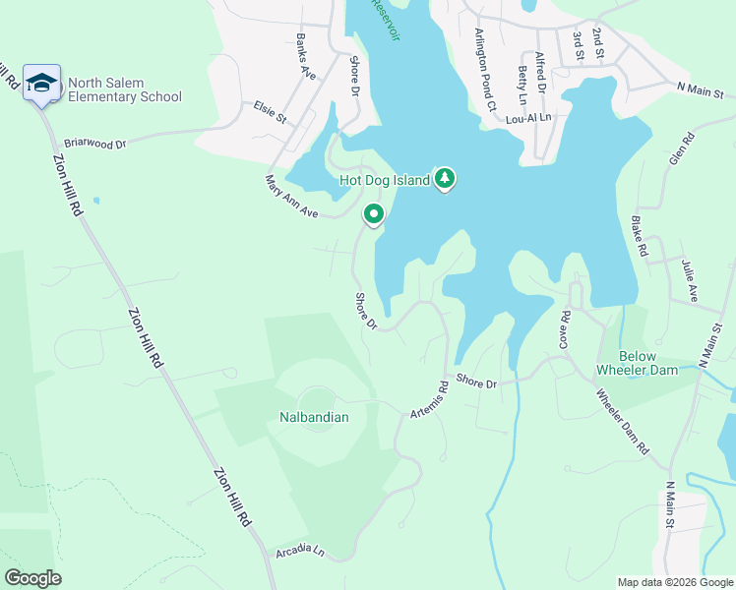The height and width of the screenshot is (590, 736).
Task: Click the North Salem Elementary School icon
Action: [42, 83]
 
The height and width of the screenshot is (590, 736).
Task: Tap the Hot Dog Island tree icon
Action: [446, 178]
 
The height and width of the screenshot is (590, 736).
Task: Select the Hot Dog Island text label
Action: [385, 180]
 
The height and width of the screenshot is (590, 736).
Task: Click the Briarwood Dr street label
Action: [95, 143]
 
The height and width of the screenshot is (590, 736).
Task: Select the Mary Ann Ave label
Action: [292, 198]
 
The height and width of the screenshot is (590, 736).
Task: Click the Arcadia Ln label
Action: [300, 550]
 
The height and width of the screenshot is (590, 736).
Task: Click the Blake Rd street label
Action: [640, 237]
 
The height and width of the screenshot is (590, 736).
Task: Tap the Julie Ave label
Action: [694, 280]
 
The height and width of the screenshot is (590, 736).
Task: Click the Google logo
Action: [32, 578]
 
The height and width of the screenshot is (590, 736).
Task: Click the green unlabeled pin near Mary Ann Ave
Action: [374, 213]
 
